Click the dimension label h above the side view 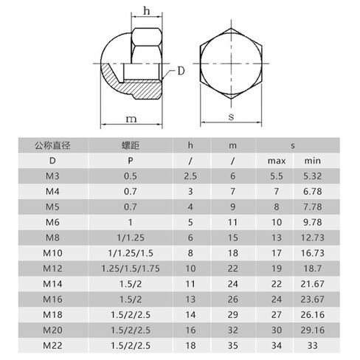147,11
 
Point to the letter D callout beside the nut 181,71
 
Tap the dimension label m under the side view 131,119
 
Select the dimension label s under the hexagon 231,117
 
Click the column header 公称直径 52,145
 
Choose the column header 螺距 131,145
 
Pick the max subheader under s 277,161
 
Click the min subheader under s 313,161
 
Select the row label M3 52,176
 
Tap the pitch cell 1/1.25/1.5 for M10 131,253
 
